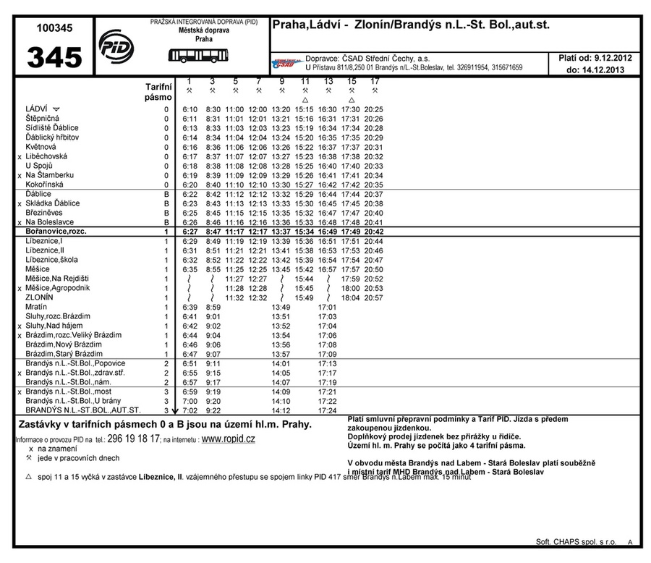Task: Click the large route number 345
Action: pos(55,58)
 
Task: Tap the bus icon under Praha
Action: pos(193,55)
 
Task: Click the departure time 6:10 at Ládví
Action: pos(190,109)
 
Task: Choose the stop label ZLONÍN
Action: pos(39,297)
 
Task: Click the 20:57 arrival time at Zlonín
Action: pos(374,297)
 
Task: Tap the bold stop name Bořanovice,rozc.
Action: pos(56,232)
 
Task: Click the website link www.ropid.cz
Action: pos(228,439)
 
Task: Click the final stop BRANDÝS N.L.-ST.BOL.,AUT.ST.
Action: pos(83,410)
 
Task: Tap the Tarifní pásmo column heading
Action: pos(158,91)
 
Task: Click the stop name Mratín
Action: pos(36,307)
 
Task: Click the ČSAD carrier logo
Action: pos(285,64)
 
